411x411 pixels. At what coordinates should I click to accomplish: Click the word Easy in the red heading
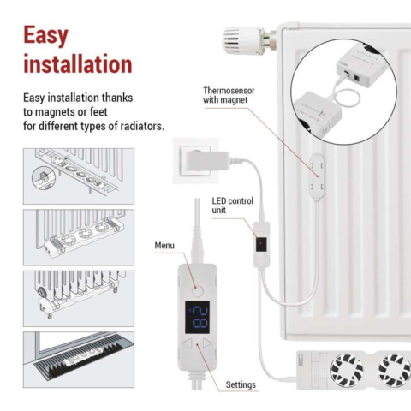pos(46,36)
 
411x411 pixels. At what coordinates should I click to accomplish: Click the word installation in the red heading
pos(77,64)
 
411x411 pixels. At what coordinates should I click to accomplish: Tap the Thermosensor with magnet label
pos(229,95)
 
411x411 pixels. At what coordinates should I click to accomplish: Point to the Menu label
pos(164,246)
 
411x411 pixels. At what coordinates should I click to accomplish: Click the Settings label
pos(241,384)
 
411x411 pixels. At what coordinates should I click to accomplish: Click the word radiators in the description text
pos(140,128)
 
